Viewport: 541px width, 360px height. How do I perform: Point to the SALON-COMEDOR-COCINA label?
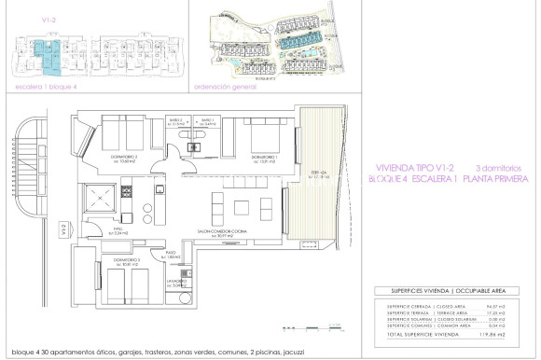pos(223,231)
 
